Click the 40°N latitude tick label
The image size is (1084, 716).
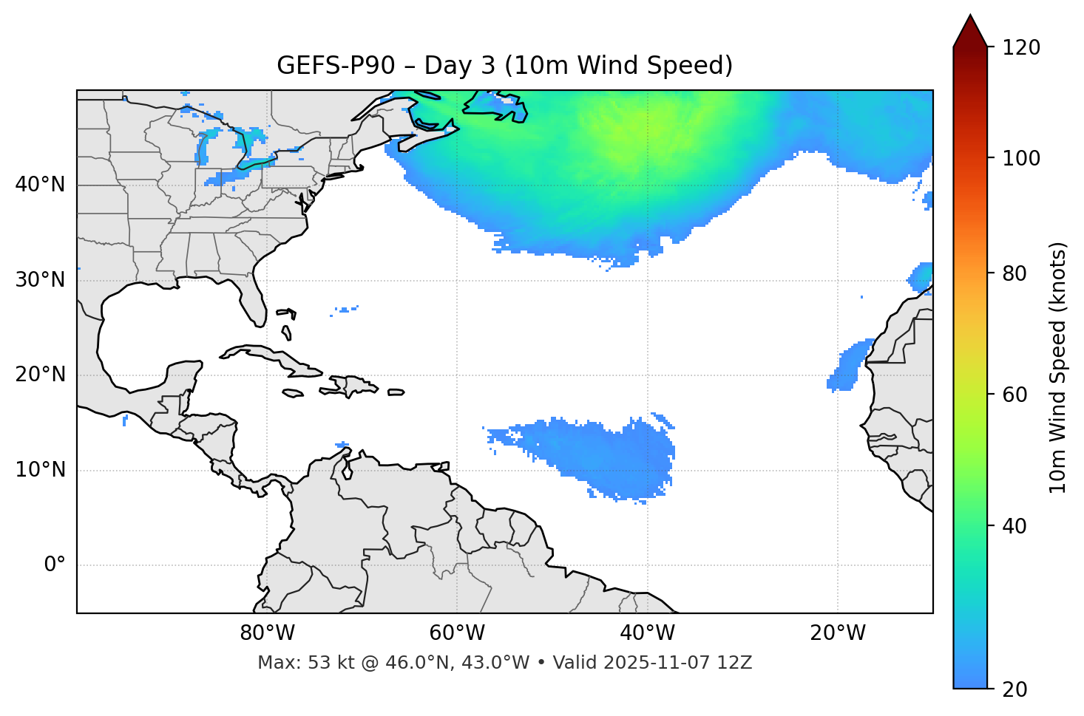point(40,185)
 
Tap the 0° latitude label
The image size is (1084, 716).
point(55,565)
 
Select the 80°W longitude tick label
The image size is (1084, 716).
point(267,633)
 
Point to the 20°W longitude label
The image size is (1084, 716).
point(838,633)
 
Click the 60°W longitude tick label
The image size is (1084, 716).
point(457,633)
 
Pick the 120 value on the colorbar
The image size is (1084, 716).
point(1020,48)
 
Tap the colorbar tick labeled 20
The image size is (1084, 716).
point(1014,689)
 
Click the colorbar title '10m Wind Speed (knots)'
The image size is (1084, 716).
point(1058,367)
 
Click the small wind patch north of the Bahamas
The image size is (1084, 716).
point(345,310)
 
